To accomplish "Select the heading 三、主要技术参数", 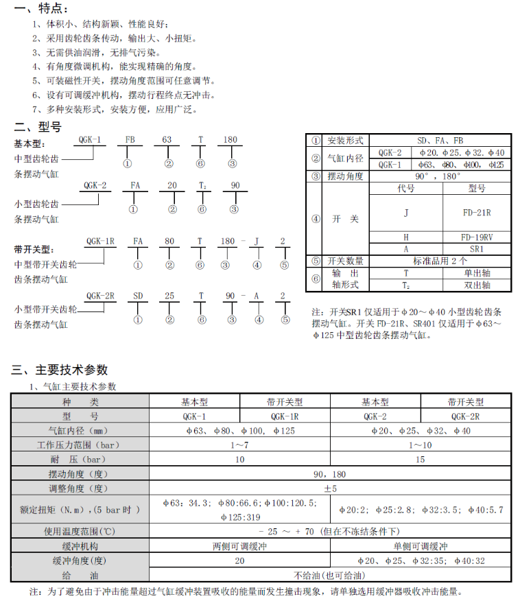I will coord(60,370).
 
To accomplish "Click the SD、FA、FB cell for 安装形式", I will coord(440,140).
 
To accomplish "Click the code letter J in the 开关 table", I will coord(405,213).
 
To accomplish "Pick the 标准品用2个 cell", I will coord(440,261).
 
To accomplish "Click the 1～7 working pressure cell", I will coord(239,445).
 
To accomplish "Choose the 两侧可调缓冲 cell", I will coord(239,546).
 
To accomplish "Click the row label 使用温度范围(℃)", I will coord(80,531).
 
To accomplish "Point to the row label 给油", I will coord(80,575).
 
